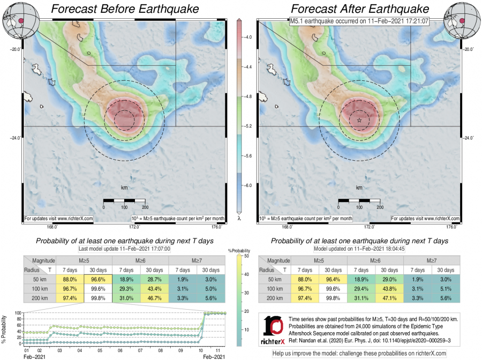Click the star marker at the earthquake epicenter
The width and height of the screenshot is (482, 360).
359,121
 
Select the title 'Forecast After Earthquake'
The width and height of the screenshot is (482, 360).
360,9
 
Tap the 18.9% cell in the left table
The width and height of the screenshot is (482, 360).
126,280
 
